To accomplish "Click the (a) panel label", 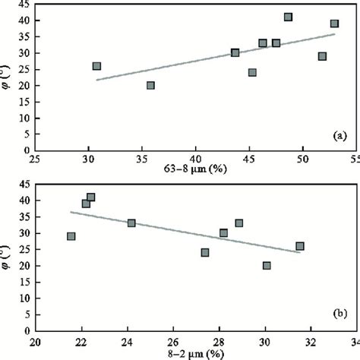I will [x=339, y=137].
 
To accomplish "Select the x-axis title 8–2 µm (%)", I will [x=197, y=354].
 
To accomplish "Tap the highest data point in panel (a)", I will [x=288, y=17].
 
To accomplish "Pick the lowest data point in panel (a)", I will [x=150, y=85].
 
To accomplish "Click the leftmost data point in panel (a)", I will [x=96, y=66].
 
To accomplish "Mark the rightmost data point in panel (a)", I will [x=334, y=24].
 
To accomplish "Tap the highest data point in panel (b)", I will [x=91, y=197].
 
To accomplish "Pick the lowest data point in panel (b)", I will [x=267, y=266].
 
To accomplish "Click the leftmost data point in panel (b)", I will [x=71, y=236].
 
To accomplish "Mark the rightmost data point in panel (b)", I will [x=300, y=246].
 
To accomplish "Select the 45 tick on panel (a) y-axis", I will [x=26, y=4].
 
